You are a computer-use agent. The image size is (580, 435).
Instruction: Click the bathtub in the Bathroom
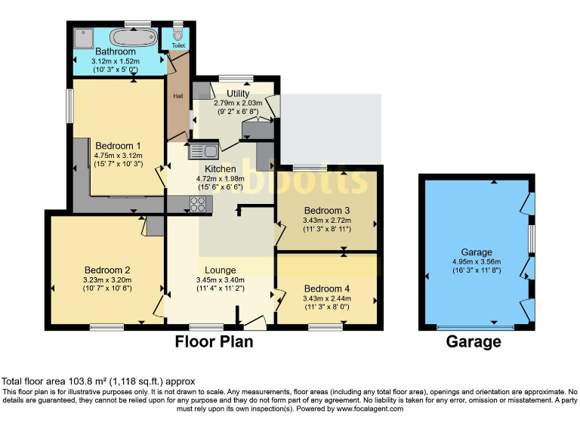[x=133, y=37]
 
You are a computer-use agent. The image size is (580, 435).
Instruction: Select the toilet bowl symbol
[x=178, y=34]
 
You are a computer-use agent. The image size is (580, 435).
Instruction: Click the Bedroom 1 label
[x=118, y=146]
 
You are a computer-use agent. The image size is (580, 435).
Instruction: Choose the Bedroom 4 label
[x=326, y=288]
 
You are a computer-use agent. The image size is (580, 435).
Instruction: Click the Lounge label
[x=220, y=270]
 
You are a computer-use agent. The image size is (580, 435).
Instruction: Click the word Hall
[x=178, y=97]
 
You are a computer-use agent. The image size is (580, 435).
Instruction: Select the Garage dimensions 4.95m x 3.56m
[x=477, y=263]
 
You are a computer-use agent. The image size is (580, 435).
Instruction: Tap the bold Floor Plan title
[x=214, y=342]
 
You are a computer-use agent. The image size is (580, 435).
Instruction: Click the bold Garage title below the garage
[x=474, y=342]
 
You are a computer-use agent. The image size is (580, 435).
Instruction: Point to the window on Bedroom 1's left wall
[x=69, y=106]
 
